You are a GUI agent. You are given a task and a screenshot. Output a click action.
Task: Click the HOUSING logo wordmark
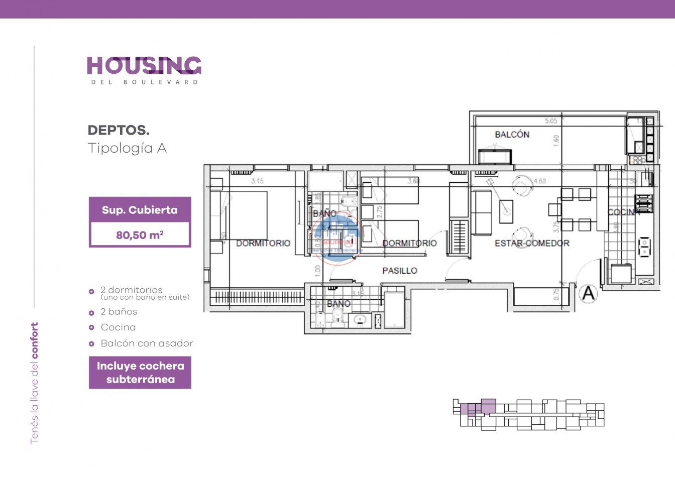pos(144,66)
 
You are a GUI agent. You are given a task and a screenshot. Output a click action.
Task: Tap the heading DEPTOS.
pos(119,131)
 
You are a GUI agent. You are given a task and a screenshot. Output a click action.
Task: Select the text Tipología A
pos(127,148)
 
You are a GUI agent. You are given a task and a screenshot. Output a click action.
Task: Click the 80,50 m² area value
pos(140,235)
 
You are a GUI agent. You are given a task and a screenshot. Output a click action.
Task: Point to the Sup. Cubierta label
pos(140,210)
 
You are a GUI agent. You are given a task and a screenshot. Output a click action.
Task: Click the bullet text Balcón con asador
pos(147,343)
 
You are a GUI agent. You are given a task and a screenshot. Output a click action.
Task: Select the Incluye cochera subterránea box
pos(140,373)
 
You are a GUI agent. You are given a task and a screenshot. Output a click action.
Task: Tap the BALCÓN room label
pos(512,135)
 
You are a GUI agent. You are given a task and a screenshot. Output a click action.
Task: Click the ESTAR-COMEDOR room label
pos(532,244)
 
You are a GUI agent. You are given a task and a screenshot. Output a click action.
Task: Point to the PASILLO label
pos(400,271)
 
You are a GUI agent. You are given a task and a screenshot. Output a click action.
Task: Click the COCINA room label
pos(623,212)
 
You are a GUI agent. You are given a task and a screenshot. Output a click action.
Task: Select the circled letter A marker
pos(588,293)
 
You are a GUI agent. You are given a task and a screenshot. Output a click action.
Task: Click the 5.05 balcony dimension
pos(551,121)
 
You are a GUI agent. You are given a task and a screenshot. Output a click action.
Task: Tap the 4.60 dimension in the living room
pos(539,181)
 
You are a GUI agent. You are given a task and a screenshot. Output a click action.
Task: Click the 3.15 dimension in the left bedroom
pos(257,181)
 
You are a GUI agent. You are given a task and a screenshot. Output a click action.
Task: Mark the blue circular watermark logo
pos(337,238)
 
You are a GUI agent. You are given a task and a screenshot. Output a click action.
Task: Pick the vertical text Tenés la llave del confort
pos(34,383)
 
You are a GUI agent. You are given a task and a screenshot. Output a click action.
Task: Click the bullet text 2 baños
pos(119,312)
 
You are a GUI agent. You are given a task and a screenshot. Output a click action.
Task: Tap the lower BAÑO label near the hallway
pos(339,304)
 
